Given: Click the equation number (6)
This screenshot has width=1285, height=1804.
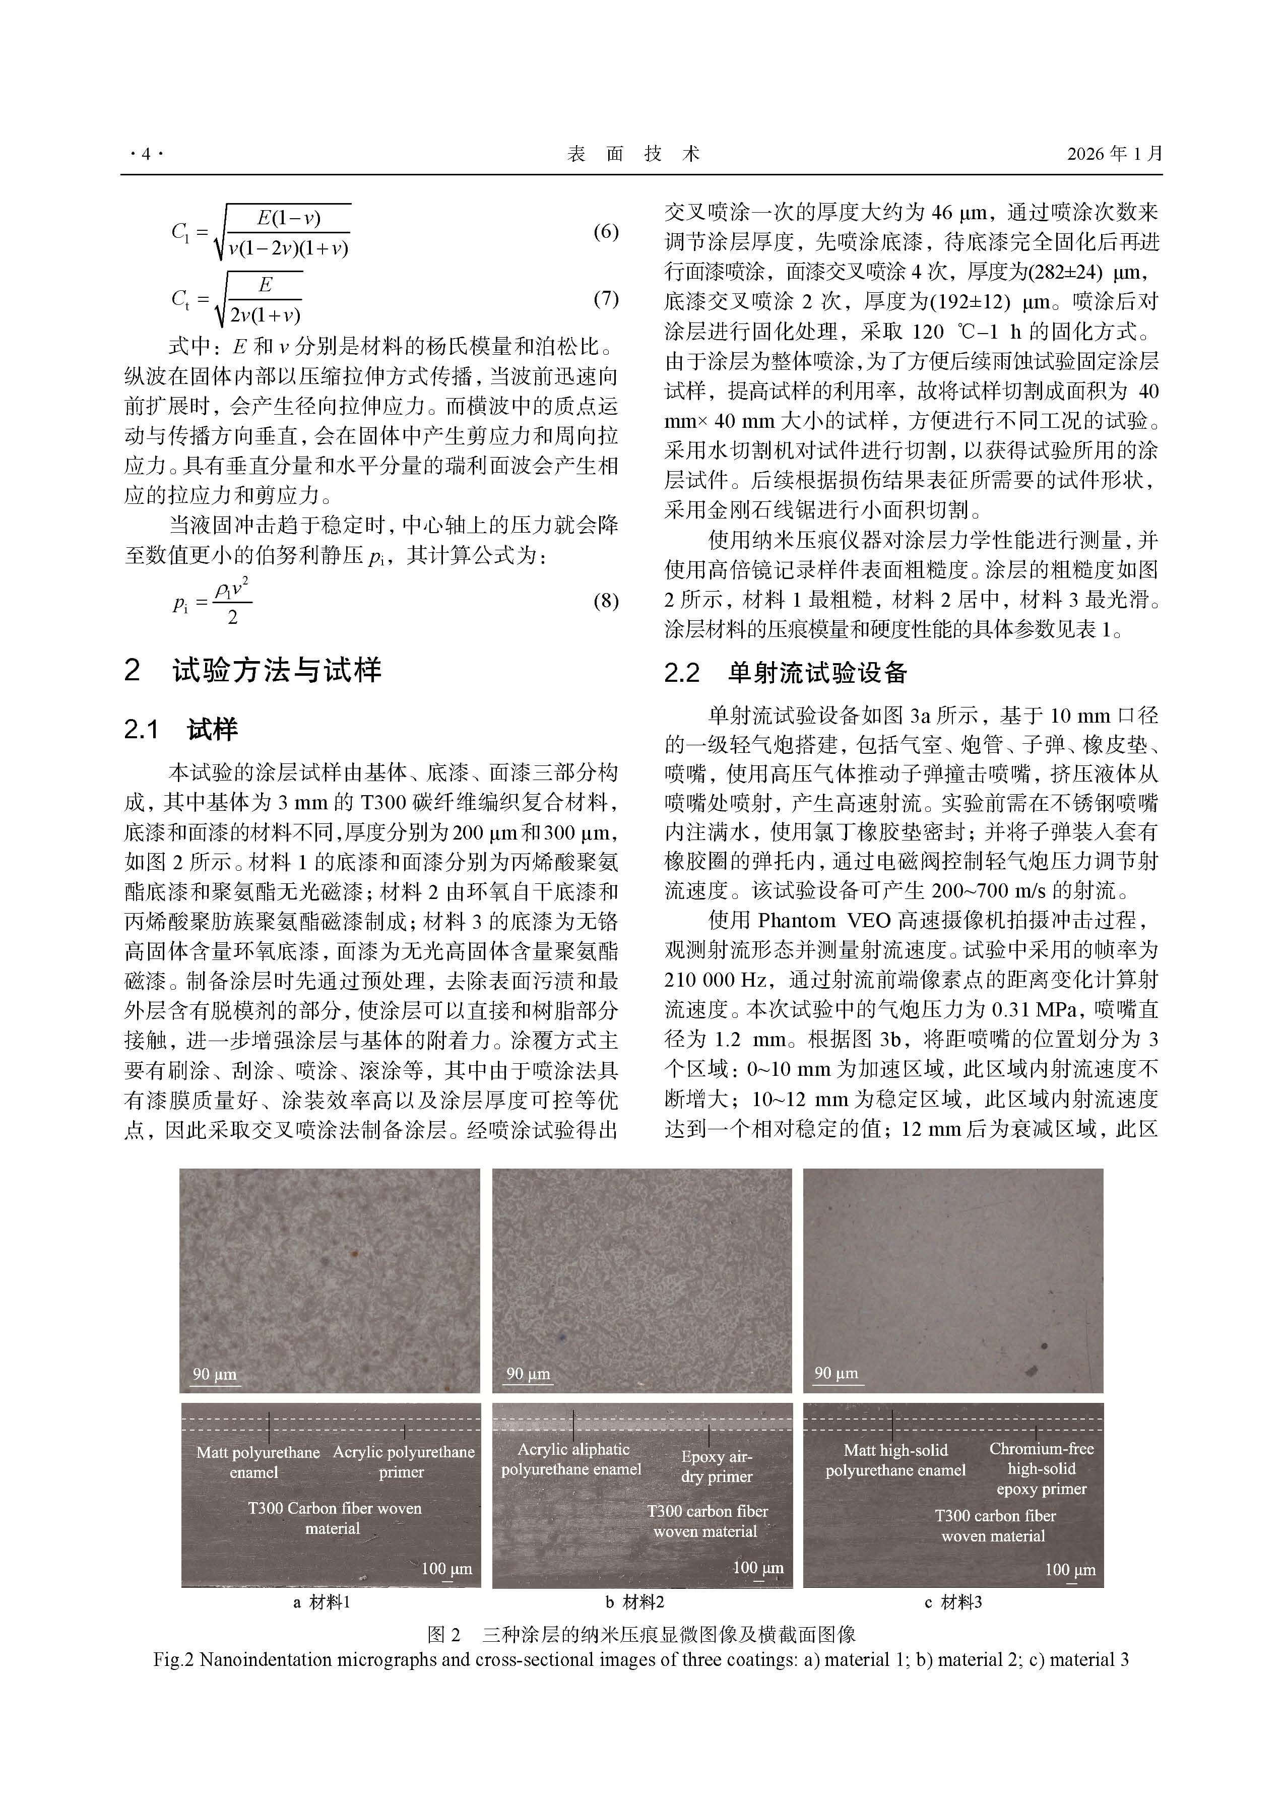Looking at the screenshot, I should [605, 232].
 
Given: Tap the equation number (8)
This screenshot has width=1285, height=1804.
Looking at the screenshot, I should [605, 601].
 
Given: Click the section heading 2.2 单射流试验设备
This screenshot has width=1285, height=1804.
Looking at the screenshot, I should [785, 673].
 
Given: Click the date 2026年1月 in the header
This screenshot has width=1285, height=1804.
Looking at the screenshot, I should [1114, 154].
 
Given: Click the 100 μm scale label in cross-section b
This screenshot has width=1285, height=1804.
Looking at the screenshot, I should [758, 1568].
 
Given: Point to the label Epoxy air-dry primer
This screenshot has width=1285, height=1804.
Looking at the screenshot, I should [716, 1466].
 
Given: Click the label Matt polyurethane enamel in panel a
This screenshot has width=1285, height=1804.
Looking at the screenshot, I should [258, 1462].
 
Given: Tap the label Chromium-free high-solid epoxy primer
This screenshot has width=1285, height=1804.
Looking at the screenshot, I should [1041, 1468].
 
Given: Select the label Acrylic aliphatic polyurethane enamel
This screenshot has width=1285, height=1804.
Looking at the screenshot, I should [571, 1459].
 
